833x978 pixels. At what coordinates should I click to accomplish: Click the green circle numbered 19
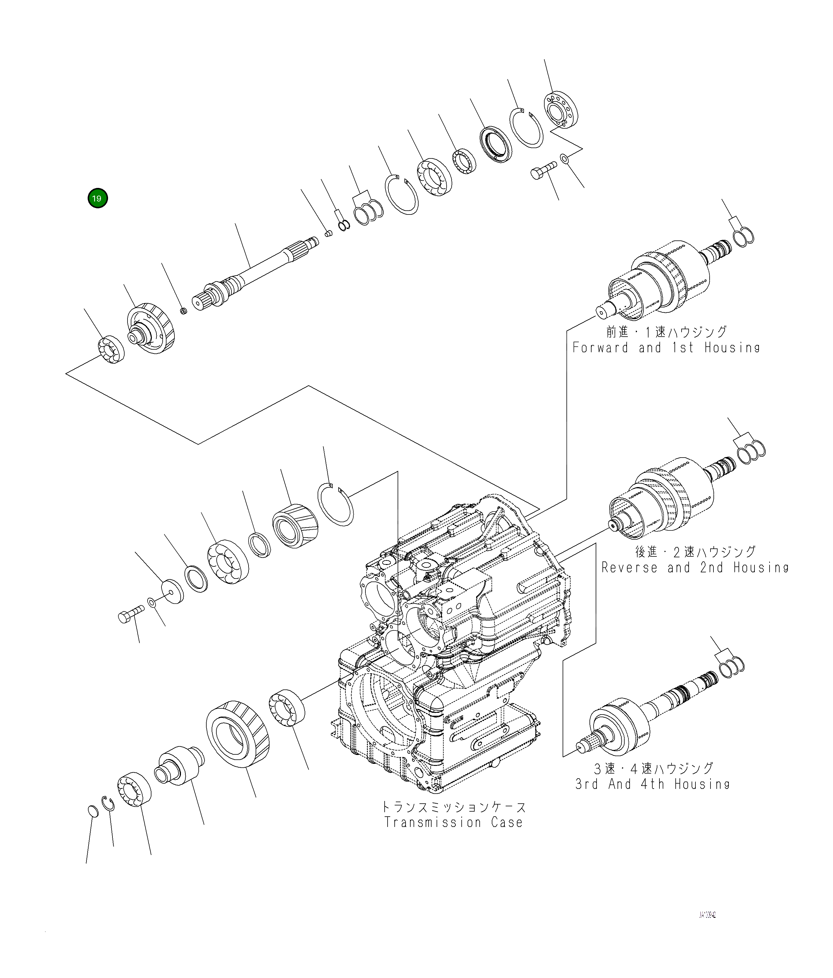pyautogui.click(x=98, y=198)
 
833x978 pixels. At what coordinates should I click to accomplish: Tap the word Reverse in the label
pyautogui.click(x=629, y=567)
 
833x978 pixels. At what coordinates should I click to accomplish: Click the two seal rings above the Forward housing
pyautogui.click(x=744, y=236)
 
